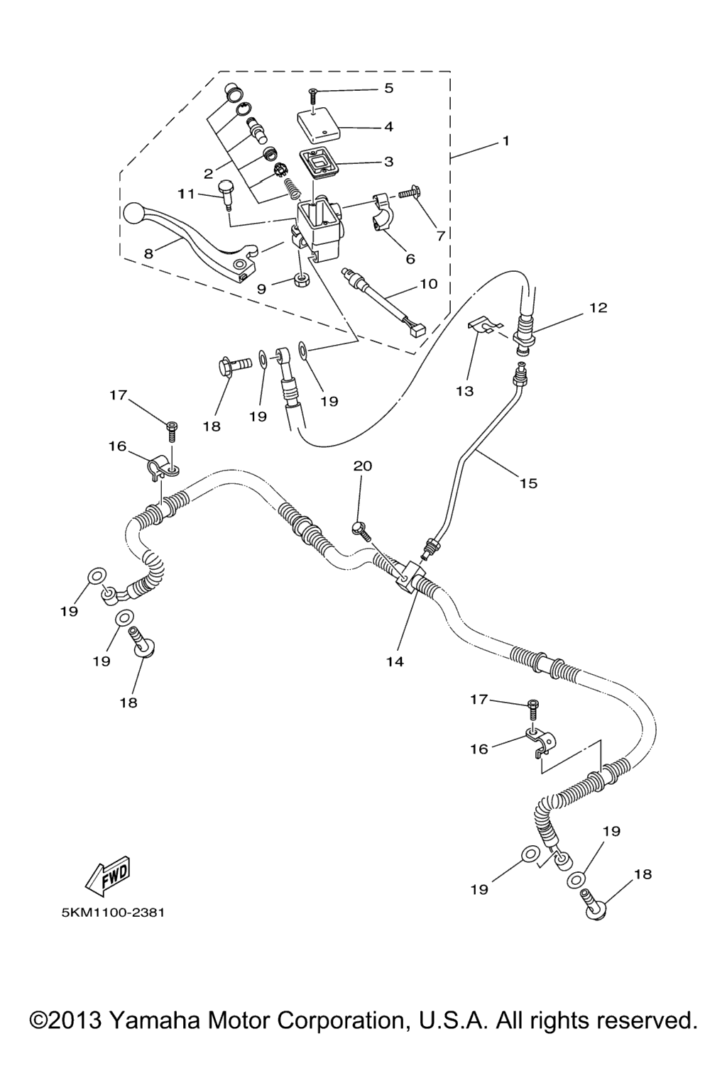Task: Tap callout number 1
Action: click(x=505, y=141)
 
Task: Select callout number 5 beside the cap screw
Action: click(x=388, y=88)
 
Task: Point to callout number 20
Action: click(x=362, y=466)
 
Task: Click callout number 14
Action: click(x=395, y=661)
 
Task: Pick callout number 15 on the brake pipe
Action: click(x=528, y=483)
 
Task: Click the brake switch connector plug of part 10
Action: click(x=415, y=329)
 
